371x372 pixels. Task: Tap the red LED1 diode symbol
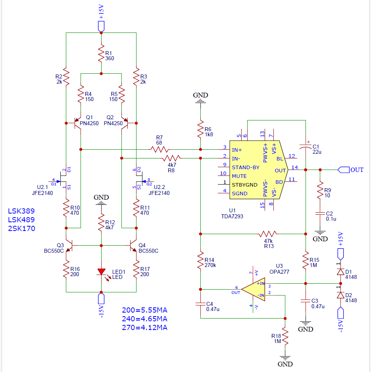point(101,272)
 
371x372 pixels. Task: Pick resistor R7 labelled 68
point(160,149)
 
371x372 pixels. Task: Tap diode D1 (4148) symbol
point(340,272)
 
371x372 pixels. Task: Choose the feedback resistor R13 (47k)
point(268,234)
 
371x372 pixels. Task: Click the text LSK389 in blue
point(21,211)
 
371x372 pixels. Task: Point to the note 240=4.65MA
point(145,319)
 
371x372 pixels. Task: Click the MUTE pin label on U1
point(239,176)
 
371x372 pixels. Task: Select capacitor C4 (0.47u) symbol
point(201,304)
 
